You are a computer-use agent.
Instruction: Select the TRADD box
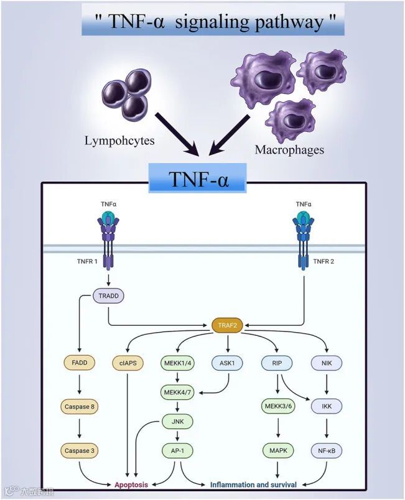pyautogui.click(x=108, y=296)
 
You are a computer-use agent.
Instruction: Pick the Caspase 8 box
pyautogui.click(x=80, y=407)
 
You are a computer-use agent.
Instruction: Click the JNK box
pyautogui.click(x=178, y=422)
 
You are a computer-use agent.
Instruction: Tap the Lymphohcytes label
pyautogui.click(x=119, y=141)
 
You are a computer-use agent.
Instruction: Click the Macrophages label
pyautogui.click(x=289, y=149)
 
